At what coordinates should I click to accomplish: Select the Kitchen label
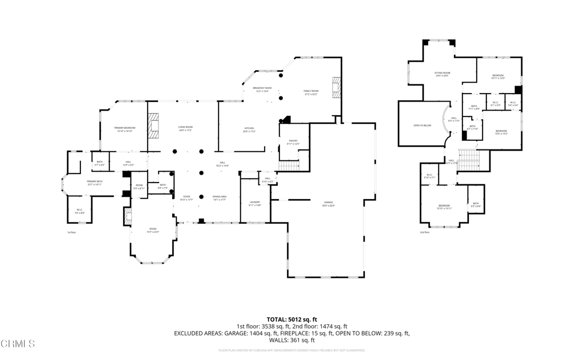[x=249, y=129]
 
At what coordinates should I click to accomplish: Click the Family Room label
[x=311, y=92]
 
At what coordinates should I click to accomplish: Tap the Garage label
[x=328, y=204]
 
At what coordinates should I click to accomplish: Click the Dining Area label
[x=220, y=197]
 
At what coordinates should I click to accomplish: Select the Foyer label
[x=186, y=197]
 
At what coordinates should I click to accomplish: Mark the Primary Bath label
[x=94, y=183]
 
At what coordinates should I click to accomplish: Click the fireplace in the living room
[x=153, y=126]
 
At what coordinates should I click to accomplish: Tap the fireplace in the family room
[x=336, y=87]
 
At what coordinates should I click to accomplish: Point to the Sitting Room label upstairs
[x=443, y=74]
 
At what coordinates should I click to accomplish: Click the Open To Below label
[x=422, y=125]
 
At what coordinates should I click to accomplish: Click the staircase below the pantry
[x=290, y=166]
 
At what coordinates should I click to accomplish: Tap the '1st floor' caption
[x=71, y=232]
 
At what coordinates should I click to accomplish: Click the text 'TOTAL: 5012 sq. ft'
[x=291, y=319]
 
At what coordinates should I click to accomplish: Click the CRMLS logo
[x=18, y=343]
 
